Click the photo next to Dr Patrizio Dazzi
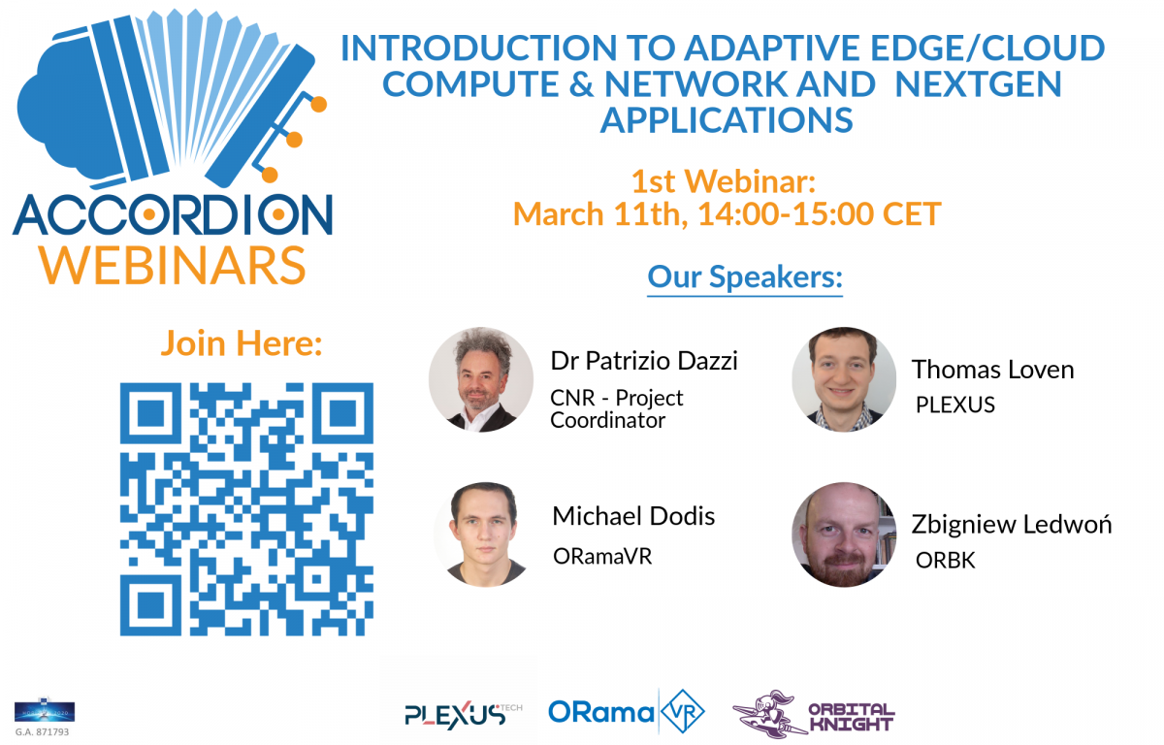point(481,379)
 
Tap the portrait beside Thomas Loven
point(844,379)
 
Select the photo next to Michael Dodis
point(485,534)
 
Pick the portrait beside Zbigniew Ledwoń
point(844,534)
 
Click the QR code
point(246,509)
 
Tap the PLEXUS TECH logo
point(463,714)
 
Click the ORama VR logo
point(627,712)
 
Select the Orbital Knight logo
point(814,713)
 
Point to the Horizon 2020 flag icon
point(45,712)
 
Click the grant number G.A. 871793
point(42,732)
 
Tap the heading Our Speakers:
point(745,277)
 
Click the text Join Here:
point(242,343)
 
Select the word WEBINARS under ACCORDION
point(173,266)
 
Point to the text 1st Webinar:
point(724,181)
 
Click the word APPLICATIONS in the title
point(727,120)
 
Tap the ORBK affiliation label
point(945,561)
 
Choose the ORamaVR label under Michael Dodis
point(602,557)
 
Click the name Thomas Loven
point(992,370)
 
